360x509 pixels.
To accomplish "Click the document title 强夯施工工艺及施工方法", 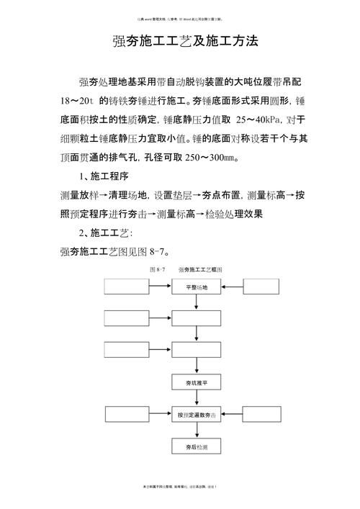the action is [x=185, y=41].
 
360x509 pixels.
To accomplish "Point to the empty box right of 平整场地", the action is [x=267, y=287].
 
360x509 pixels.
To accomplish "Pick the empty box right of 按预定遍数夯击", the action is [x=267, y=415].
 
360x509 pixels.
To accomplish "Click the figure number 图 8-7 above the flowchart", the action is [x=156, y=269].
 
